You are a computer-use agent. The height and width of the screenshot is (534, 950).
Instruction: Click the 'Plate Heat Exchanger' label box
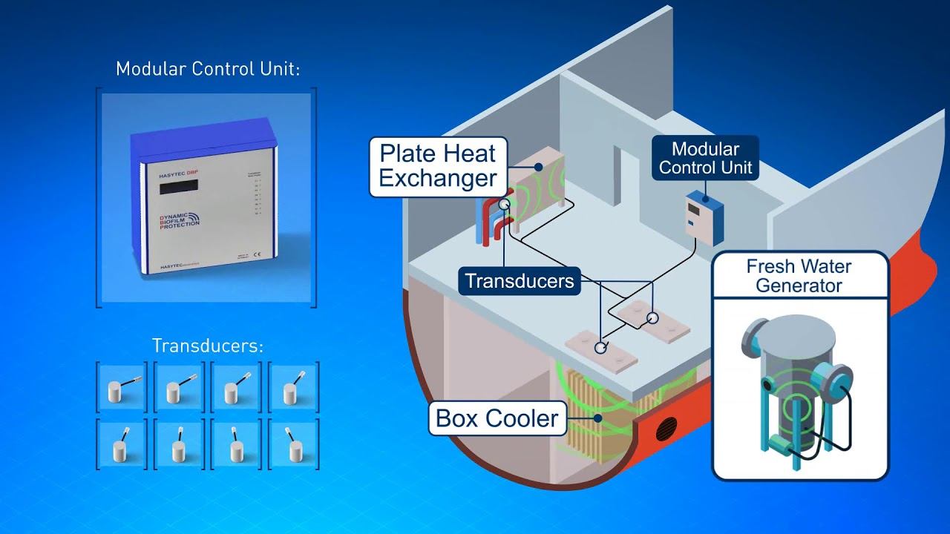pyautogui.click(x=438, y=167)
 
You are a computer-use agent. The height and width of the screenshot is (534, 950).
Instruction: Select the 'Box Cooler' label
pyautogui.click(x=497, y=418)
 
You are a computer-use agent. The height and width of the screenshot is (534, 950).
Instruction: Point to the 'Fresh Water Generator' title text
pyautogui.click(x=799, y=276)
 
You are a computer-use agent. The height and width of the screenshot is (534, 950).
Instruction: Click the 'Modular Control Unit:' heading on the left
pyautogui.click(x=208, y=70)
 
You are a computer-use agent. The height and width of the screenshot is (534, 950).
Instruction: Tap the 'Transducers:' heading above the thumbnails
pyautogui.click(x=208, y=346)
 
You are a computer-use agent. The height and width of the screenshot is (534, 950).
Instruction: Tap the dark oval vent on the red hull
pyautogui.click(x=666, y=428)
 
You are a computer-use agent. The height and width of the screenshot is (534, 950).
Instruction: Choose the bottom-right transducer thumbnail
pyautogui.click(x=293, y=444)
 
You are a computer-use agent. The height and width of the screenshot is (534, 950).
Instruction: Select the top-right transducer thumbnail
pyautogui.click(x=293, y=386)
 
